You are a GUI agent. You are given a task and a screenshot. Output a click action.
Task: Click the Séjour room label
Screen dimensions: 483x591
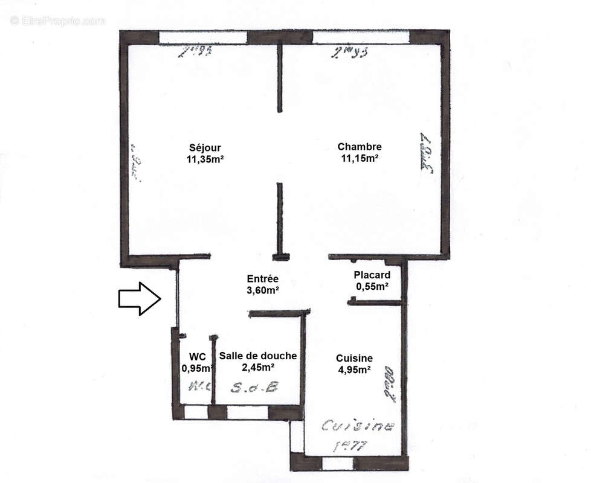204,147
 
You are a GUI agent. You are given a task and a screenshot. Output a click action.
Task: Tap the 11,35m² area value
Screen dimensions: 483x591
206,159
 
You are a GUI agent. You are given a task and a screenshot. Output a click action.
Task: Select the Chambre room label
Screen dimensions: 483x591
359,147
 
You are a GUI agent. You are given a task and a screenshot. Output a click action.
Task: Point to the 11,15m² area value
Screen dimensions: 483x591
360,158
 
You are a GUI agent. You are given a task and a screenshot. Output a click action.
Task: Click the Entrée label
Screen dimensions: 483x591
262,279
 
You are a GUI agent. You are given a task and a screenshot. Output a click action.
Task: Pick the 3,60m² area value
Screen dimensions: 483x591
262,290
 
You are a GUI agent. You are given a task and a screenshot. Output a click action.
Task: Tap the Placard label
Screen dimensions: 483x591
372,275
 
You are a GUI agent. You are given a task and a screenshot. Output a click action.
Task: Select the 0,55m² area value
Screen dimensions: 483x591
372,287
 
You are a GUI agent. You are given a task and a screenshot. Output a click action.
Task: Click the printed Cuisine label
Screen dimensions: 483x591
354,358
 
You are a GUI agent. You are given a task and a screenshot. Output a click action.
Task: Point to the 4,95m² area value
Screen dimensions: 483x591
354,369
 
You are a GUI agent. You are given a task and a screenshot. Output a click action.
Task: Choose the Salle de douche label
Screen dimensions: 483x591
258,356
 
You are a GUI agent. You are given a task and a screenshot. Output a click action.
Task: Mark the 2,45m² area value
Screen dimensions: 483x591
258,367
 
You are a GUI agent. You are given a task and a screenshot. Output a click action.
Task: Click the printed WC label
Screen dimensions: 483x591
198,356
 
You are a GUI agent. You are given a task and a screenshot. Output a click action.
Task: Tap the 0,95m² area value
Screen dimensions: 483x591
198,368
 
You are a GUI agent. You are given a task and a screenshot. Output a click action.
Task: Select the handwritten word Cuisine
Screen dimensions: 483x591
358,426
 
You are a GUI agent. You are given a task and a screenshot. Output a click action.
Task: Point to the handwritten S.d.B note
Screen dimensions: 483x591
254,388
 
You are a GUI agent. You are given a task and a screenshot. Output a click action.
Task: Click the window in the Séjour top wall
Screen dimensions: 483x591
203,37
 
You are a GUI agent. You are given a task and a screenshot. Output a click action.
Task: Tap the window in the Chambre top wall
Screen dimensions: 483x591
361,37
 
